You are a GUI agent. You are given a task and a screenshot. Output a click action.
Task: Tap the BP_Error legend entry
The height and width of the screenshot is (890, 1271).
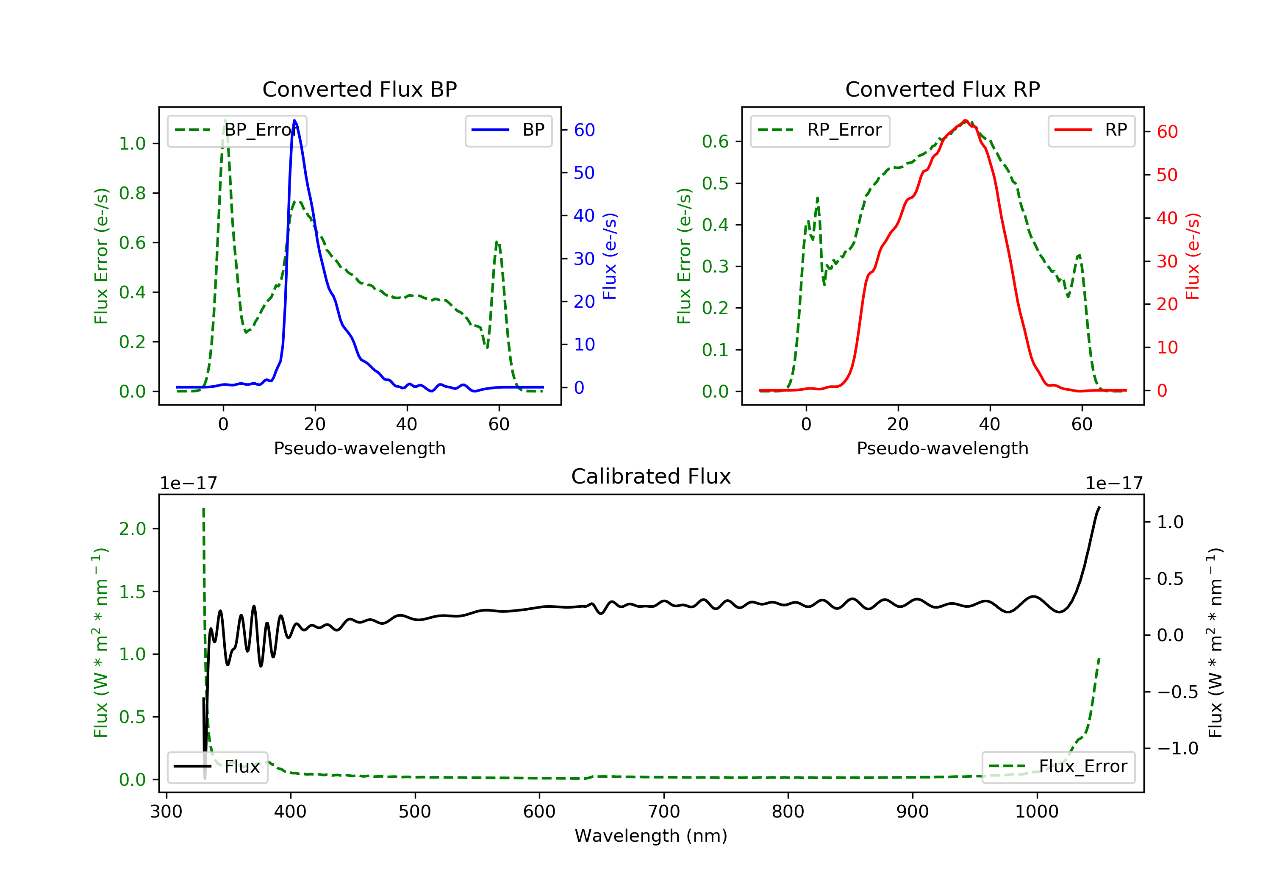point(237,130)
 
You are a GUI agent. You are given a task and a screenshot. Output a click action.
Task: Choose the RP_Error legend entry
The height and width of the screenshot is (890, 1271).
point(820,130)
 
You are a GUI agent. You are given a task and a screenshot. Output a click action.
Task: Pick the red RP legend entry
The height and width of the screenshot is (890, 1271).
point(1091,130)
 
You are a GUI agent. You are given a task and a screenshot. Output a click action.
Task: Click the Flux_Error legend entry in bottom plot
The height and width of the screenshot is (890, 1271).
point(1058,767)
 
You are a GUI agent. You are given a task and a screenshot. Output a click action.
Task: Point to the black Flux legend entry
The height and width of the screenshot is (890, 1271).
point(218,767)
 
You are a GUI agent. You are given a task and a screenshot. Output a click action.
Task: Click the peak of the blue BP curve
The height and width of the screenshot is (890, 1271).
point(294,120)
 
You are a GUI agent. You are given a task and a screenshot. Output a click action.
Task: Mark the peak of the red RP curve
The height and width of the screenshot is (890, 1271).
point(965,121)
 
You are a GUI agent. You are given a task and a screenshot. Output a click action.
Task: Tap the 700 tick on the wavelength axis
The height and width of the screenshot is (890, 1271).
point(664,812)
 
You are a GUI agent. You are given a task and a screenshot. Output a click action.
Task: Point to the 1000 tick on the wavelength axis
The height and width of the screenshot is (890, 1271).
point(1036,812)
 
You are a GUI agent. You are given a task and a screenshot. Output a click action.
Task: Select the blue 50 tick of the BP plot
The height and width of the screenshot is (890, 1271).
point(584,173)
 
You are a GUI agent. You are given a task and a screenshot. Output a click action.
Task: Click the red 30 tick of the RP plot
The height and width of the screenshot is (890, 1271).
point(1166,261)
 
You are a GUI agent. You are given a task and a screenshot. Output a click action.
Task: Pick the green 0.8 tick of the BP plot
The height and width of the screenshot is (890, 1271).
point(132,193)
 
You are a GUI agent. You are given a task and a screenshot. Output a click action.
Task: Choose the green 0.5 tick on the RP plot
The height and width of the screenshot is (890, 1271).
point(715,184)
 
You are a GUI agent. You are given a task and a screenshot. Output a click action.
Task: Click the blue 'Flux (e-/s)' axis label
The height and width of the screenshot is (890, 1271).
point(610,256)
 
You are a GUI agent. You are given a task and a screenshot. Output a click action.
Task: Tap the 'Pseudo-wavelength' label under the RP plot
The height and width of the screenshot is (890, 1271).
point(942,448)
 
